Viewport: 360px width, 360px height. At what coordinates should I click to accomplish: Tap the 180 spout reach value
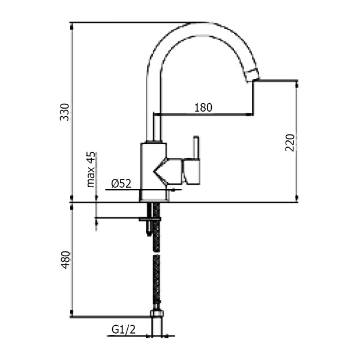pyautogui.click(x=203, y=108)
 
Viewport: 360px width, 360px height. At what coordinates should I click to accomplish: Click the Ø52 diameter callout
pyautogui.click(x=121, y=184)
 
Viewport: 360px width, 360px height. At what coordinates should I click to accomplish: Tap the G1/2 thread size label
pyautogui.click(x=122, y=329)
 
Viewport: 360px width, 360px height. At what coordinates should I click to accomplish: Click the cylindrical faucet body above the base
pyautogui.click(x=152, y=168)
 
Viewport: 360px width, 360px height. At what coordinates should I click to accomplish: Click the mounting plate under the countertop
pyautogui.click(x=149, y=220)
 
